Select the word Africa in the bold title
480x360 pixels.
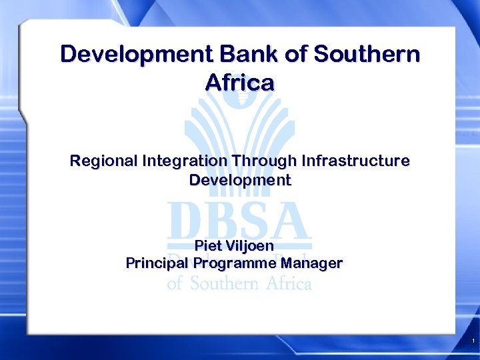(240, 83)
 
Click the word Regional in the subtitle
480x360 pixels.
(103, 161)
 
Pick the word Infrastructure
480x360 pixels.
(356, 161)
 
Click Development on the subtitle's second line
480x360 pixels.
(240, 180)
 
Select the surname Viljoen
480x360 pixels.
(250, 245)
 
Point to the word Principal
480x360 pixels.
(157, 263)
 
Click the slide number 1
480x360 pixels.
(473, 341)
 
